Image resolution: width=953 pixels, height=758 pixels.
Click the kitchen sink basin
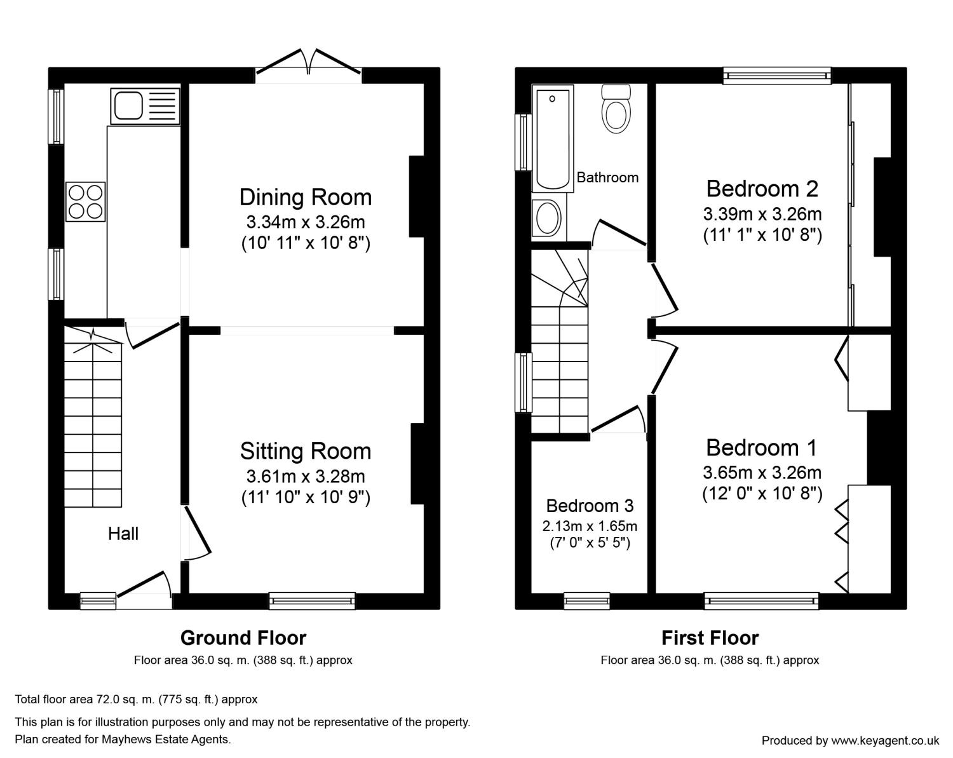coord(128,106)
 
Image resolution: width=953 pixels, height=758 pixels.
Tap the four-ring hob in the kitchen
coord(86,201)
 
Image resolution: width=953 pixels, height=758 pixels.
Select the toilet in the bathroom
coord(616,109)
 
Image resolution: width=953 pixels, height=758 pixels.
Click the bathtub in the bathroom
coord(552,139)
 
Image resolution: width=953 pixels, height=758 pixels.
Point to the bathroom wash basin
coord(548,219)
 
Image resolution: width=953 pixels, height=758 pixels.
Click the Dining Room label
coord(306,197)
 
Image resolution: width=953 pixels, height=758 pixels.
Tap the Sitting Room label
coord(306,451)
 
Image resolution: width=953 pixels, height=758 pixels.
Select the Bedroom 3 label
coord(590,506)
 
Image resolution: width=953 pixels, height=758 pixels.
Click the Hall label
coord(123,534)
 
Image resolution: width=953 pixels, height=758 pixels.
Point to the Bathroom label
coord(607,178)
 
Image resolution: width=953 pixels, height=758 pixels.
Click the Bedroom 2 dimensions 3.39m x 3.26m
coord(762,214)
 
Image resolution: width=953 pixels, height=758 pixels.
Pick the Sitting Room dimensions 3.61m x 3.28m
coord(306,477)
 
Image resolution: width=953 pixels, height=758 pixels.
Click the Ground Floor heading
coord(243,638)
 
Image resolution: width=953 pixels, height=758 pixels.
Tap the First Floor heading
coord(710,638)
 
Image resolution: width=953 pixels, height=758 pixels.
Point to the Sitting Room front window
coord(312,600)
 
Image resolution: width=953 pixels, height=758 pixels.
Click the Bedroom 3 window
coord(587,600)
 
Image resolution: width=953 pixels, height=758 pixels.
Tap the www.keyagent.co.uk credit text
coord(850,740)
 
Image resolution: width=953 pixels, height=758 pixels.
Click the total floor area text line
coord(136,699)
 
